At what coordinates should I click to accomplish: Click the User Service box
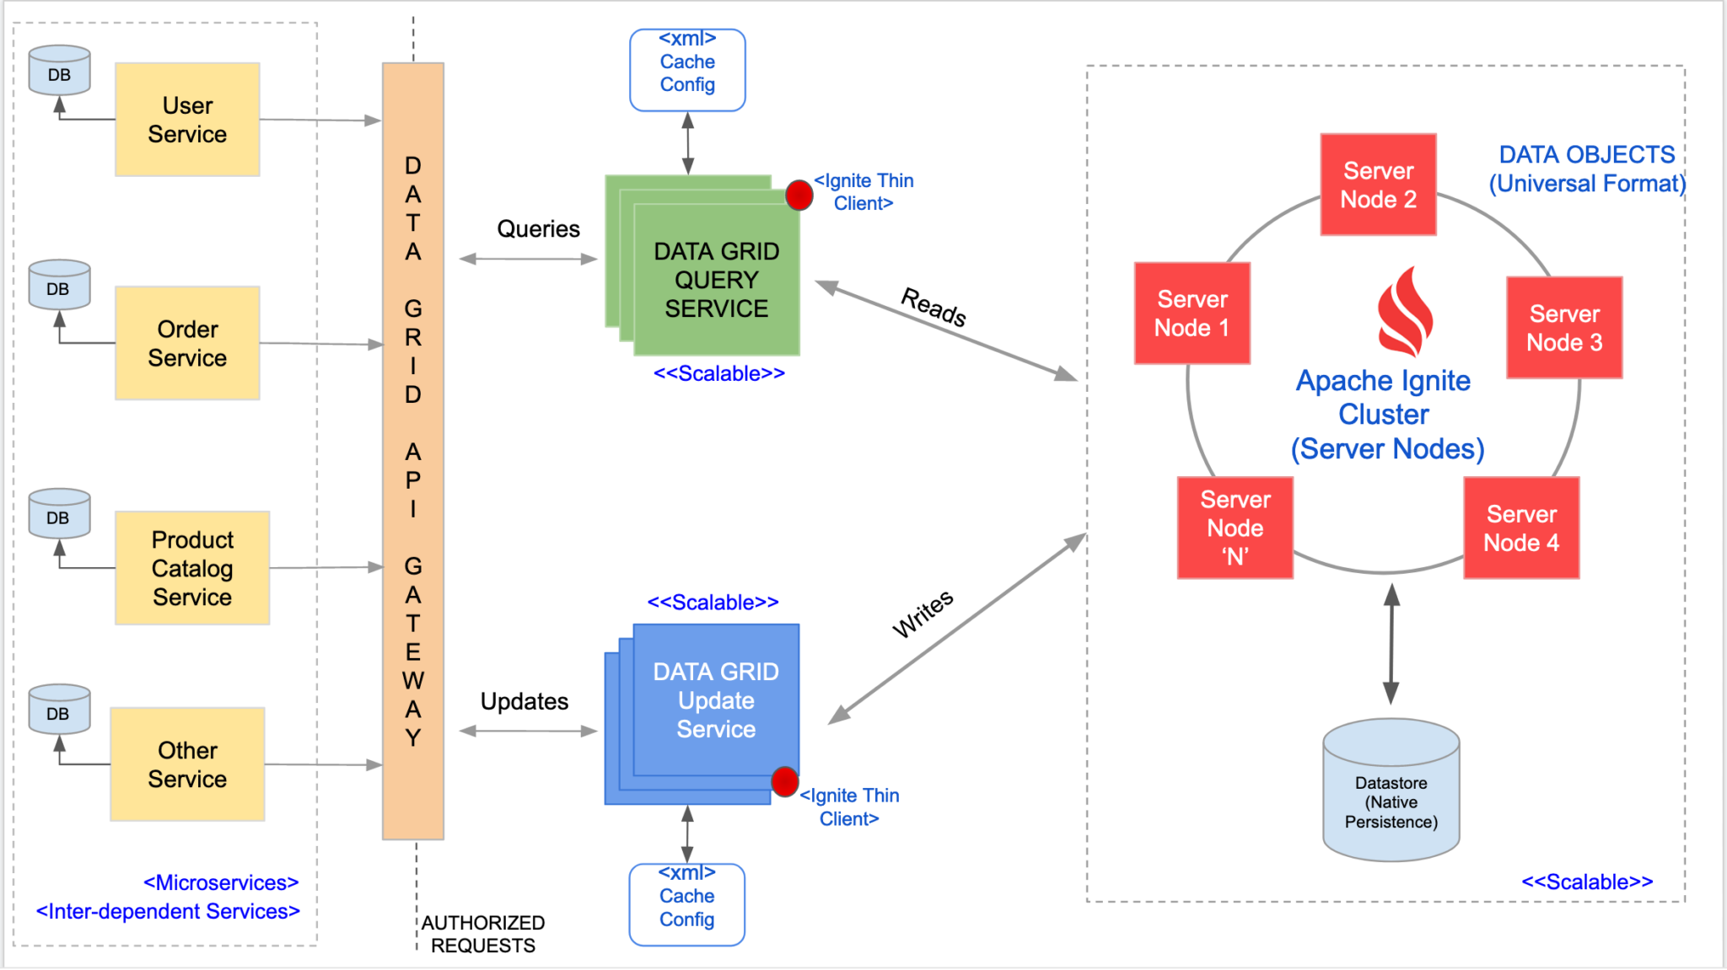pos(187,120)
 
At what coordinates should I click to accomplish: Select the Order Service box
pos(187,343)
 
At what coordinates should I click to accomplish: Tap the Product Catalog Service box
pos(192,568)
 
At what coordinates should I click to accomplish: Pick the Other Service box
pos(187,764)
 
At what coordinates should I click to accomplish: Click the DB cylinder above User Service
pos(59,71)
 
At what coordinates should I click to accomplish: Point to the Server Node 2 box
pos(1378,185)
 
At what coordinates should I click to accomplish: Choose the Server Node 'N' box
pos(1235,528)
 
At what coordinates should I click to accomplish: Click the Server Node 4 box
pos(1521,528)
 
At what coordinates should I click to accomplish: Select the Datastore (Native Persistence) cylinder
pos(1391,792)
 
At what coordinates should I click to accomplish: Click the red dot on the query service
pos(799,195)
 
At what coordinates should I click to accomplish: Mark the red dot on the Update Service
pos(784,781)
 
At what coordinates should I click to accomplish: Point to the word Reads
pos(933,307)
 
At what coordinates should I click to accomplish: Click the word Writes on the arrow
pos(923,614)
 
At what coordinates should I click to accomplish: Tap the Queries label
pos(538,229)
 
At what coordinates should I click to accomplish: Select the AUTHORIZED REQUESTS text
pos(483,934)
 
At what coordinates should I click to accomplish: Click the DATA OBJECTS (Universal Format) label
pos(1586,169)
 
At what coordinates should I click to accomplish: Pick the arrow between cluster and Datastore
pos(1391,645)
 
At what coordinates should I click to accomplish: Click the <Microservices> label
pos(221,882)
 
